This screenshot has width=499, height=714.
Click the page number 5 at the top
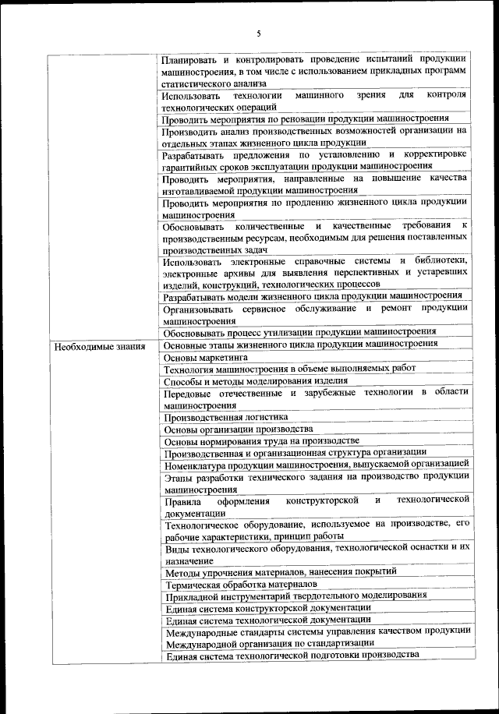click(x=259, y=33)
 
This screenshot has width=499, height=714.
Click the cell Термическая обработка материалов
click(x=241, y=584)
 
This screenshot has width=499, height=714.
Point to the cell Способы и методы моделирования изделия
click(x=255, y=380)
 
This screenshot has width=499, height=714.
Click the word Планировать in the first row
click(x=187, y=59)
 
